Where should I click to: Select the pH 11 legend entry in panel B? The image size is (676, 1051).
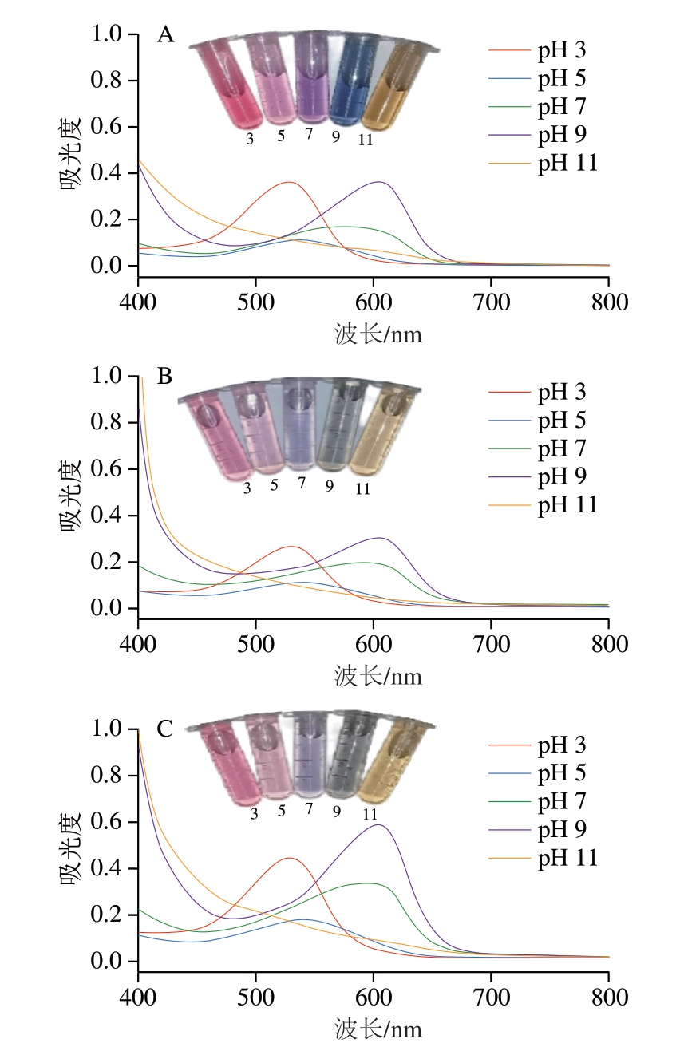(567, 504)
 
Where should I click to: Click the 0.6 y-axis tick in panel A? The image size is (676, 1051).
(108, 128)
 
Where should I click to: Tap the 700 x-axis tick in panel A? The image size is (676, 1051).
(490, 302)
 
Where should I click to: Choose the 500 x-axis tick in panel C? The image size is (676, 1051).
(255, 998)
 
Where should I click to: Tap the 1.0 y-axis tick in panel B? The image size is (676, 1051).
(108, 377)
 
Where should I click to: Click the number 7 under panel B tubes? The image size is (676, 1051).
(302, 484)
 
